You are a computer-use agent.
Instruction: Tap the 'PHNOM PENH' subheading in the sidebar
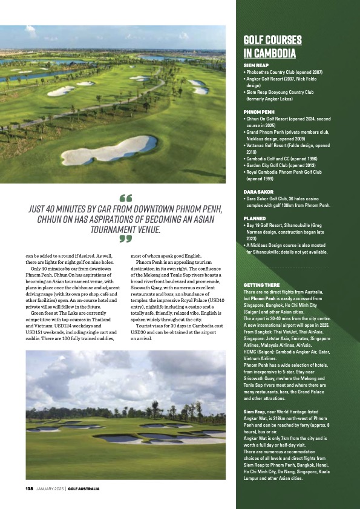click(258, 113)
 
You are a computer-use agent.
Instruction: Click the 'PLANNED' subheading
click(255, 218)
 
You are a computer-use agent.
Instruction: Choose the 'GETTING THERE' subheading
click(261, 284)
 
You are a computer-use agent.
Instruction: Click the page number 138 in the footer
click(28, 488)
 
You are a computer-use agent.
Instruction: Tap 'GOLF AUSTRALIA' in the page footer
click(83, 488)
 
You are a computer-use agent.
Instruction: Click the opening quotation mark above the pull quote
click(126, 198)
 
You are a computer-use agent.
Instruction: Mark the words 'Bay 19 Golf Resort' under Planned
click(269, 225)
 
